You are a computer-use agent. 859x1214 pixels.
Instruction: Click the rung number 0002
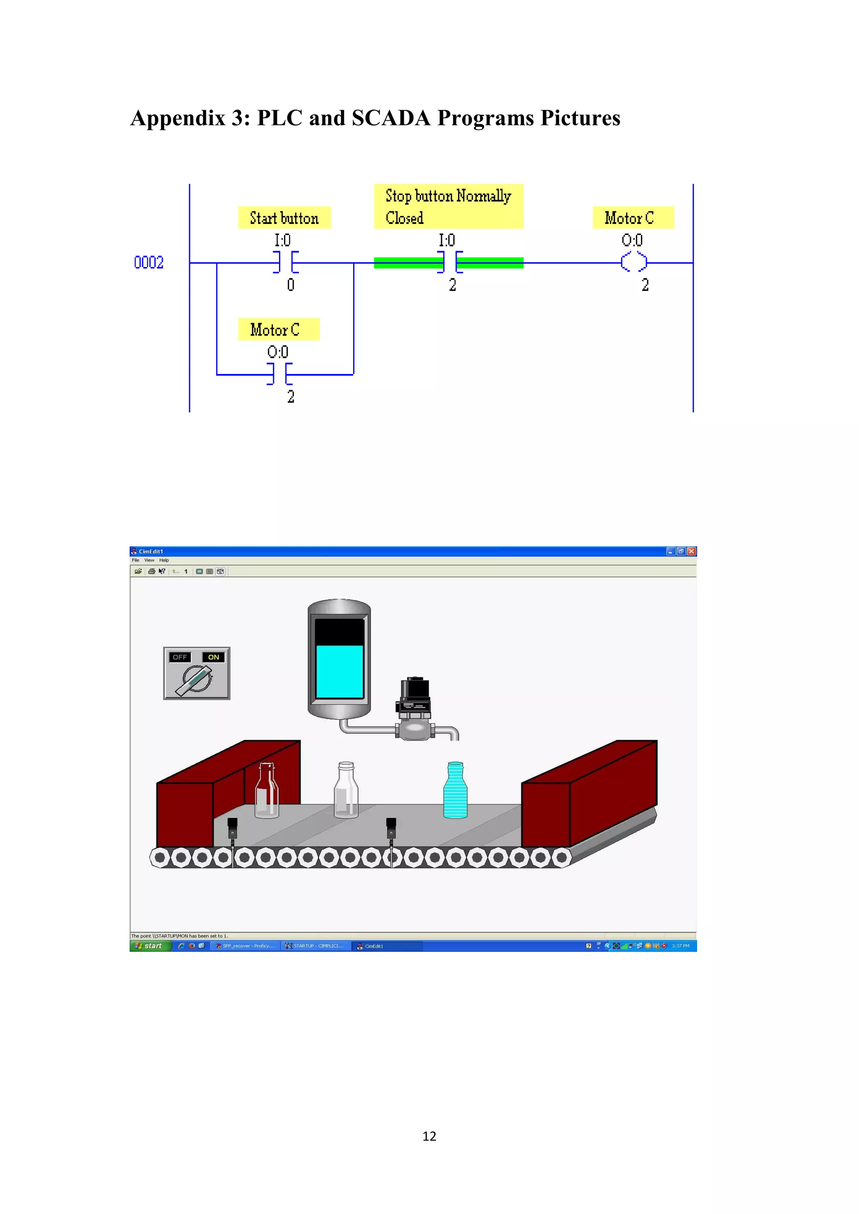(x=148, y=262)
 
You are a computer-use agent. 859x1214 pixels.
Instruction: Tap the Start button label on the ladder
(x=284, y=218)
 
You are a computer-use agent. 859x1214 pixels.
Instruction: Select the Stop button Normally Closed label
(x=448, y=207)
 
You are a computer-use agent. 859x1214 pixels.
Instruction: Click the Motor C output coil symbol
(x=634, y=262)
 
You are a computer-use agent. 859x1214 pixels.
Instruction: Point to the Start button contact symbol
(x=286, y=262)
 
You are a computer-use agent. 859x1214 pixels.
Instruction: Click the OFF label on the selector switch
(x=180, y=657)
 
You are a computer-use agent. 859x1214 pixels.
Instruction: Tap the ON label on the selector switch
(x=213, y=657)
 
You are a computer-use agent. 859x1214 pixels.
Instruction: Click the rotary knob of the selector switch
(x=196, y=680)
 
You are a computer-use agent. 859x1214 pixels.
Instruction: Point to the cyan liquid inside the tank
(x=339, y=672)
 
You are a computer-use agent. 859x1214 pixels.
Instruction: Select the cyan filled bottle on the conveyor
(x=455, y=791)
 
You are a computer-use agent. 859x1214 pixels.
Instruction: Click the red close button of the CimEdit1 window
(x=691, y=551)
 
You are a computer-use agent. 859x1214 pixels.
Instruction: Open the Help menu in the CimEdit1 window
(x=164, y=560)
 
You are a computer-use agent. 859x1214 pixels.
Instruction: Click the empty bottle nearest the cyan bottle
(x=346, y=791)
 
